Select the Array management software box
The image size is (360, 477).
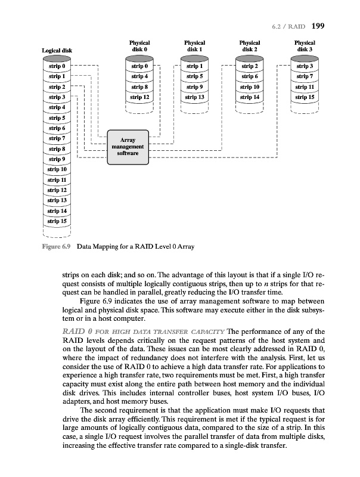[x=127, y=147]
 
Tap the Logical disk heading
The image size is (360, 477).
[x=57, y=51]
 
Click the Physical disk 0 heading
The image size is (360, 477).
[x=139, y=46]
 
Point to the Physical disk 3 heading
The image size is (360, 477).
[x=305, y=46]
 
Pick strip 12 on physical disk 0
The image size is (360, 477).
[x=139, y=97]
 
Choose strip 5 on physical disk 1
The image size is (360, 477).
[x=194, y=76]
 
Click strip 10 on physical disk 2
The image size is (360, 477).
[x=249, y=86]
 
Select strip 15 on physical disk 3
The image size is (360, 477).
[x=305, y=97]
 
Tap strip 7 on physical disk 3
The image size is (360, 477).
[x=305, y=76]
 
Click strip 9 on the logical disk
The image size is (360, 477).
[x=57, y=159]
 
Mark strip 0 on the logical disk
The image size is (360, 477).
[x=57, y=66]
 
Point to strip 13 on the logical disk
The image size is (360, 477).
[x=57, y=200]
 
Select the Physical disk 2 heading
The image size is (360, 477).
[x=249, y=46]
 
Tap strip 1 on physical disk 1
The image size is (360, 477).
[x=194, y=66]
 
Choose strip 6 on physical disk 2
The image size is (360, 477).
[x=249, y=76]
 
